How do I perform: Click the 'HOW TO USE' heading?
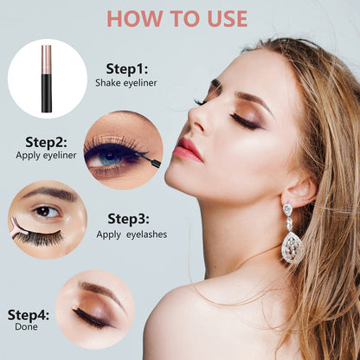click(x=177, y=18)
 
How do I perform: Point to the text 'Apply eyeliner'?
click(x=46, y=155)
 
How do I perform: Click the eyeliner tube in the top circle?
click(x=47, y=80)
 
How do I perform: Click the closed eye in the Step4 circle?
click(x=91, y=317)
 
